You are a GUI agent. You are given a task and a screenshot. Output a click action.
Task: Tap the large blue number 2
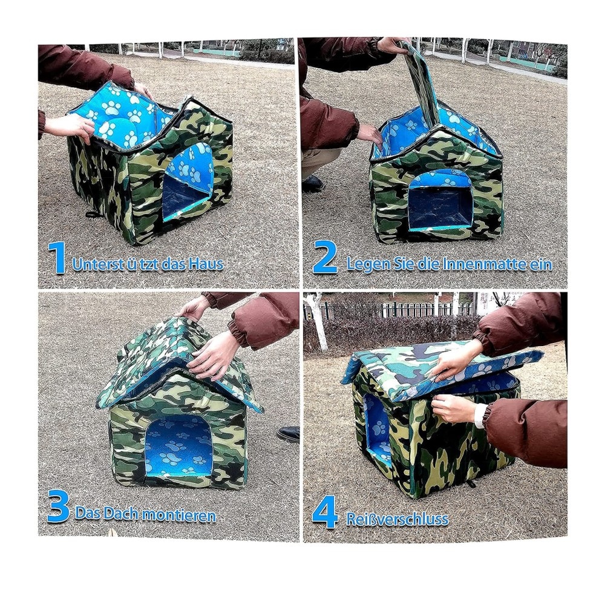pos(325,257)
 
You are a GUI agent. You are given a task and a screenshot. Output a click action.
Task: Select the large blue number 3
pos(58,506)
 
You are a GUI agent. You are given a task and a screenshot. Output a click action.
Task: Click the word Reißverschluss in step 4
pos(397,519)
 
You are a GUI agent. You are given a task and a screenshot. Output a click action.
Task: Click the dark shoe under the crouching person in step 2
pos(313,184)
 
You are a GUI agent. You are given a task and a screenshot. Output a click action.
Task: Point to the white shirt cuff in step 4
pos(480,416)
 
